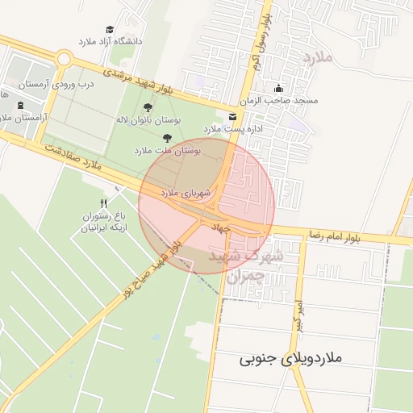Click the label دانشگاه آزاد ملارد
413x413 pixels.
tap(110, 40)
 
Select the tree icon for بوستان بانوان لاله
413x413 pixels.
tap(148, 107)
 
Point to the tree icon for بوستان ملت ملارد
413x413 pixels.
tap(167, 138)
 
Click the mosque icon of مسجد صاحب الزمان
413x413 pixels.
tap(279, 89)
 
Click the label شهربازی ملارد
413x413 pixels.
tap(185, 193)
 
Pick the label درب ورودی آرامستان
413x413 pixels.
tap(58, 83)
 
